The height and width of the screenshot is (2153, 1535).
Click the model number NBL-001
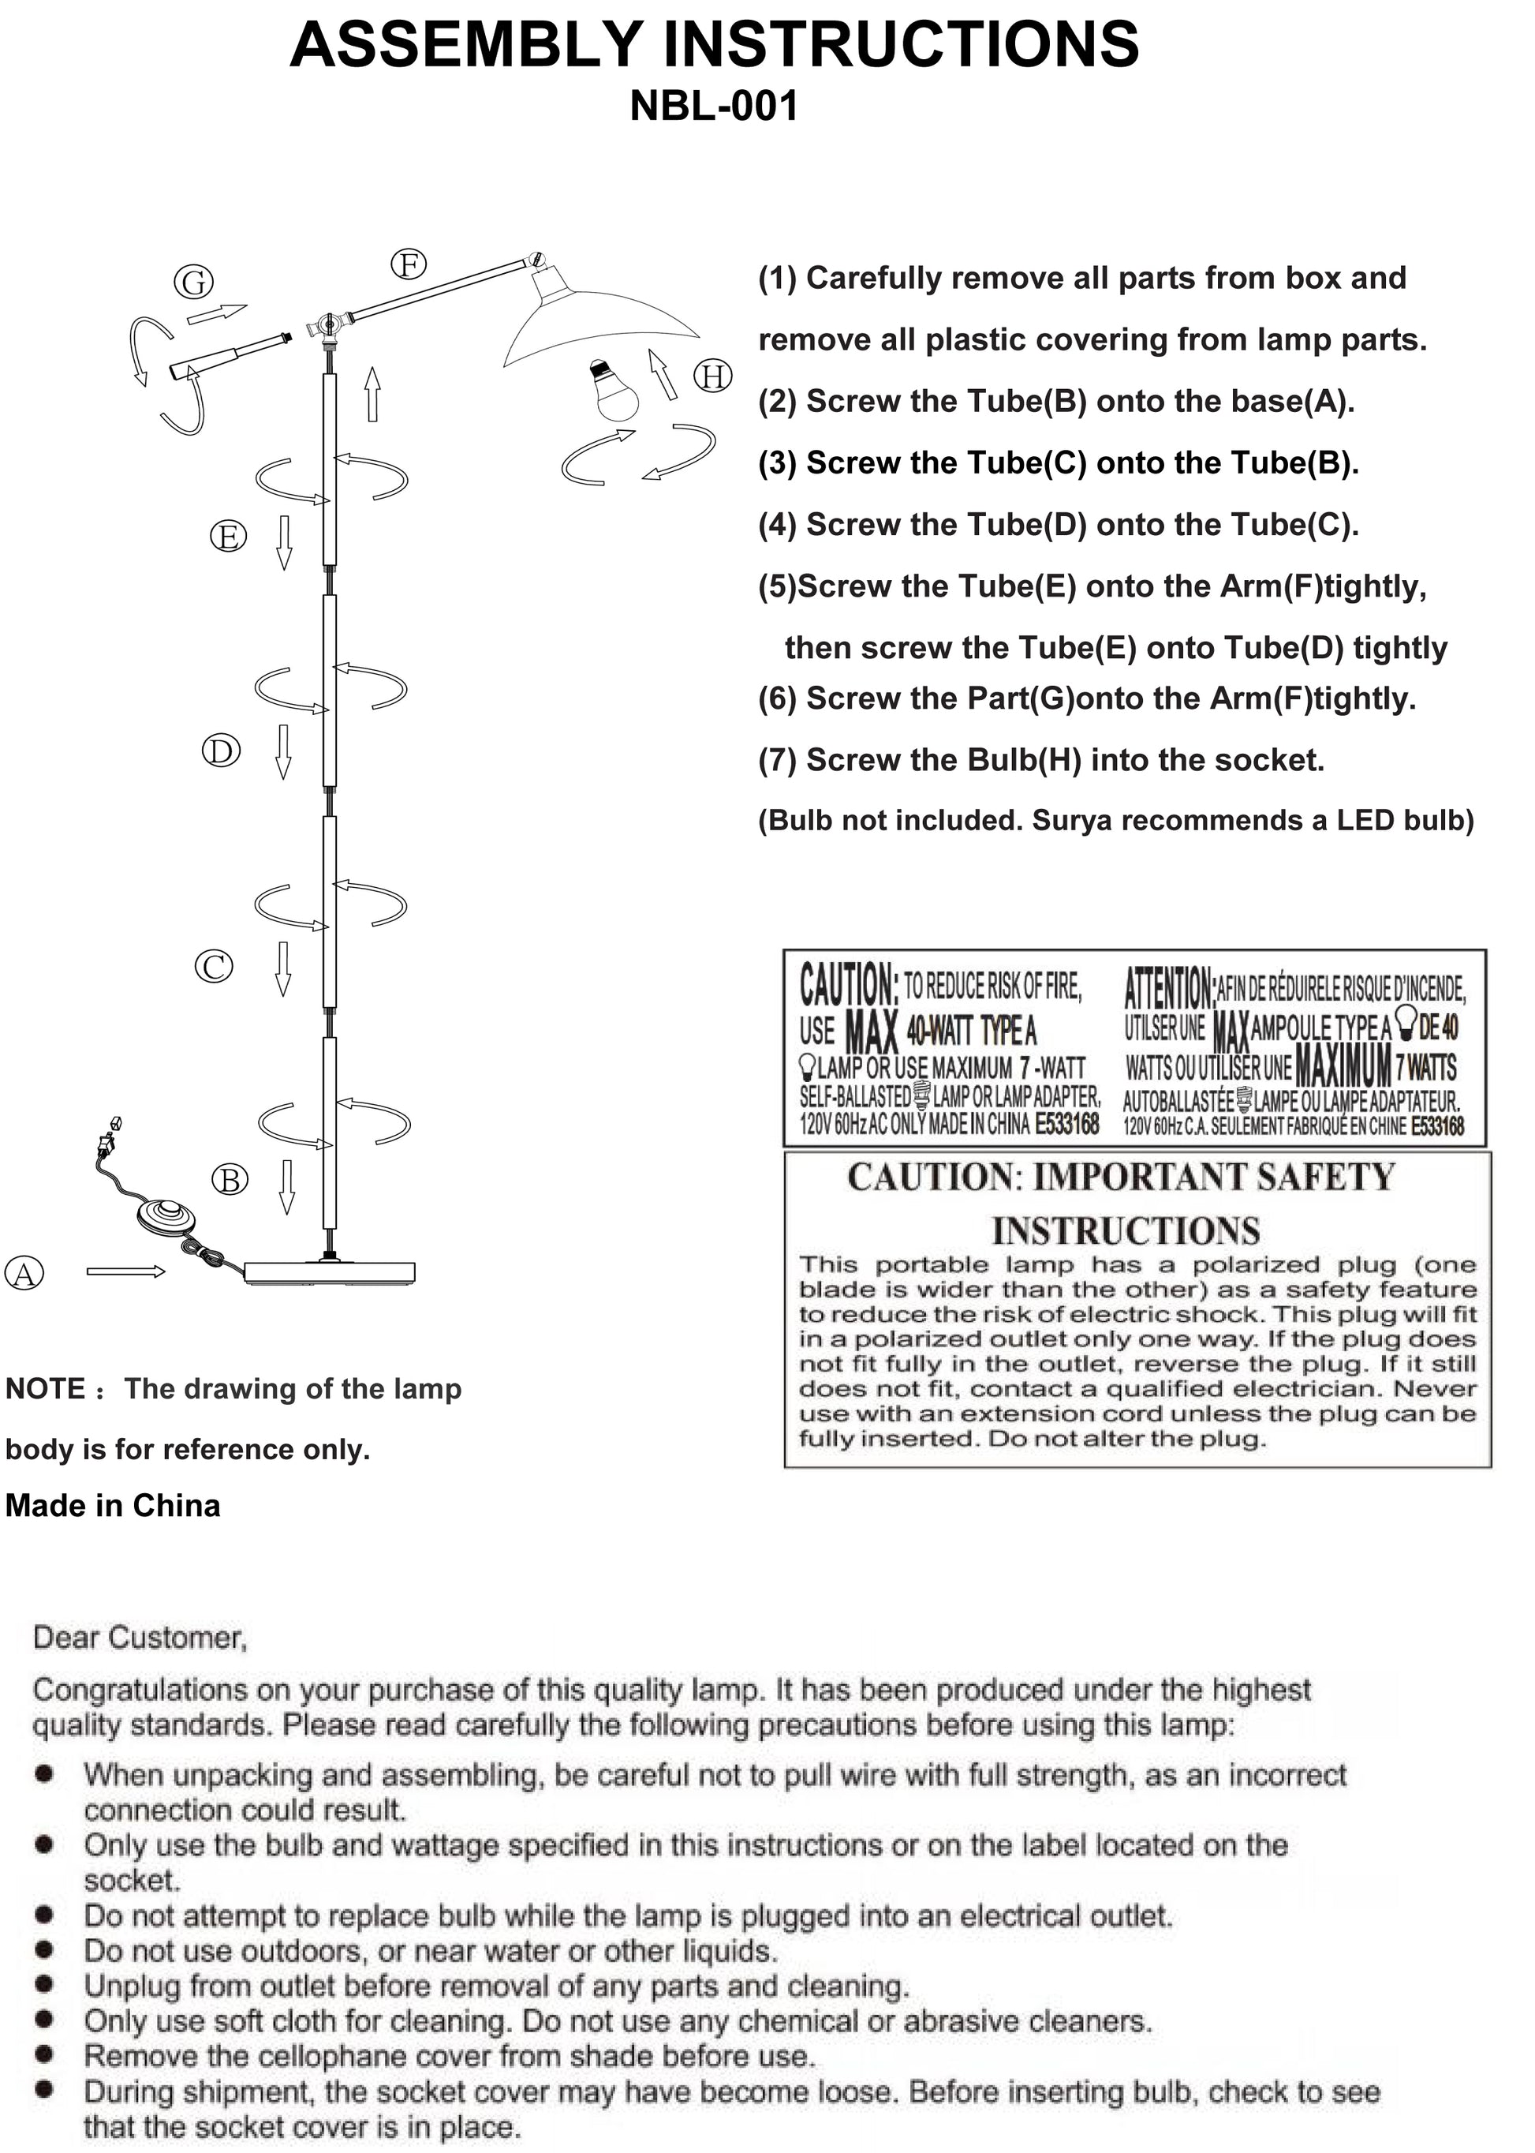click(714, 106)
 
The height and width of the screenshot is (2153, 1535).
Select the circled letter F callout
click(409, 264)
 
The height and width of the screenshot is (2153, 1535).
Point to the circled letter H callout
click(714, 376)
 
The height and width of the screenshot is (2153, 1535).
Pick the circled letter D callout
click(221, 751)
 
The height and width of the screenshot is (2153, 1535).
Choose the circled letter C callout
click(214, 966)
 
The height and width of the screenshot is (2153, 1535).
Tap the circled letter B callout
click(229, 1180)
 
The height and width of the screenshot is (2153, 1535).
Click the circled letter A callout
click(24, 1274)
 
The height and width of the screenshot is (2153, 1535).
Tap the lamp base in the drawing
click(329, 1273)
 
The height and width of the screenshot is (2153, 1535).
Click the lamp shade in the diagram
click(594, 321)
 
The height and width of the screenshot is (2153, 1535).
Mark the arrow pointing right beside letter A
click(125, 1271)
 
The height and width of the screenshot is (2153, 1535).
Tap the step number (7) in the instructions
click(778, 761)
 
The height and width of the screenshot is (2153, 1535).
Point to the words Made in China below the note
click(113, 1505)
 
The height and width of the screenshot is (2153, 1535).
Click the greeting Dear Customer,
click(140, 1638)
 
